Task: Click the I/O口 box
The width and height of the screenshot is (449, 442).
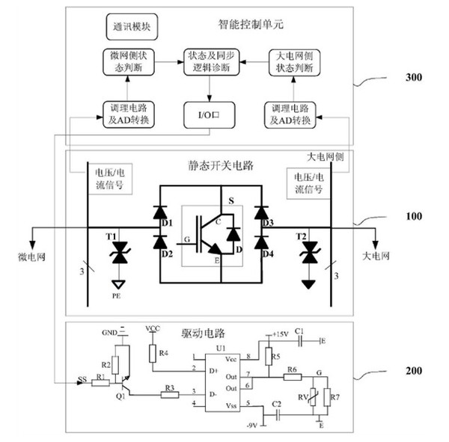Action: (210, 114)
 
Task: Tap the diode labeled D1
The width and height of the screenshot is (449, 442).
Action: (159, 214)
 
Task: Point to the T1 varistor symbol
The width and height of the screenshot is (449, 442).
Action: (117, 254)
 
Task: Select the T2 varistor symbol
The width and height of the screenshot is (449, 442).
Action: (307, 255)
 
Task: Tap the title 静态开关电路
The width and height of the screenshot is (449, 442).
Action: (209, 165)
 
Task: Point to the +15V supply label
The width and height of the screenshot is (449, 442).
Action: (281, 333)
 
